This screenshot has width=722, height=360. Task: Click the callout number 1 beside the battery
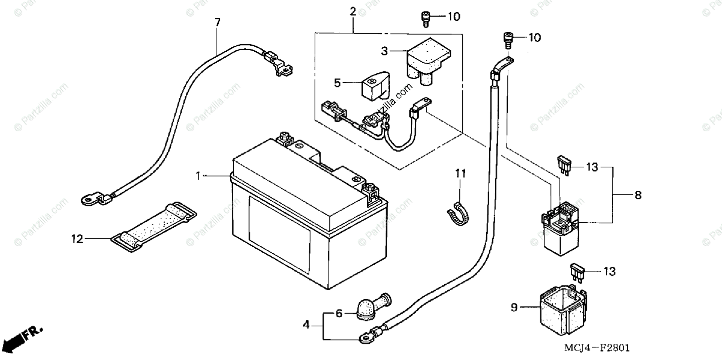[x=198, y=175]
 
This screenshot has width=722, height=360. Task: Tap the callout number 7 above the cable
[x=217, y=22]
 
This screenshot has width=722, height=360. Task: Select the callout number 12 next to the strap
[x=76, y=239]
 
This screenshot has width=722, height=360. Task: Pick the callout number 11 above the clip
[x=460, y=173]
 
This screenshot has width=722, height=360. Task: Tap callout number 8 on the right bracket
[x=638, y=195]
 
